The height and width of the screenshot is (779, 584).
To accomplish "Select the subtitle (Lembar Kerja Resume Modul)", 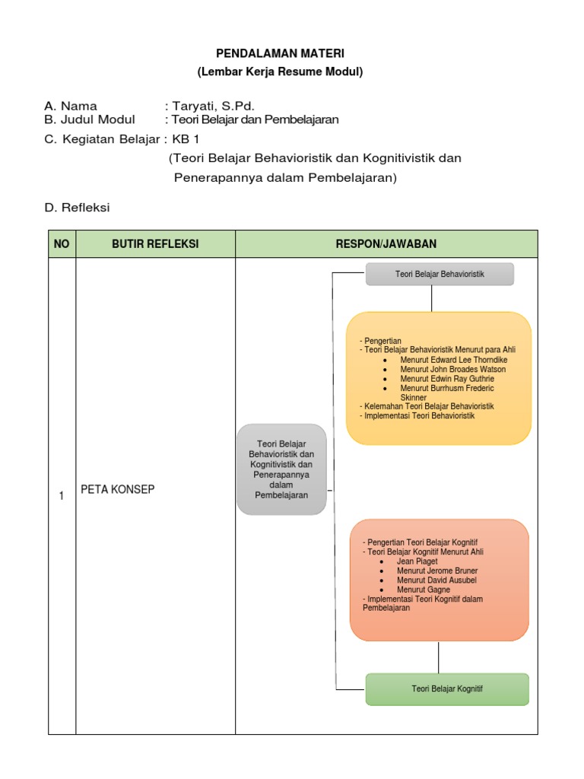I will point(281,72).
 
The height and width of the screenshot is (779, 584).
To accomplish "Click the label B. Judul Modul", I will point(90,119).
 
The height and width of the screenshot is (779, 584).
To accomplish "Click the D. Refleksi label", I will point(78,207).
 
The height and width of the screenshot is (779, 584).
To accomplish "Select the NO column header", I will point(62,243).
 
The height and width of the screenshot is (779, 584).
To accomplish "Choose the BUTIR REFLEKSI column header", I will point(155,243).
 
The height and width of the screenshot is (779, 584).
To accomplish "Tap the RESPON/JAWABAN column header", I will point(386,243).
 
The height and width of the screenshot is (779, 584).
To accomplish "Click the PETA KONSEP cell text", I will point(117,489).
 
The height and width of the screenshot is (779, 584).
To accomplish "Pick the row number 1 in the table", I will point(62,496).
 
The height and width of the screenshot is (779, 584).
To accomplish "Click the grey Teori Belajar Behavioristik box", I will point(440,274).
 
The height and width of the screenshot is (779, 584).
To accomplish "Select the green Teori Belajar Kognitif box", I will point(447,689).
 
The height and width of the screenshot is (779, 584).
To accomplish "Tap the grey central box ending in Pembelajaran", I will point(281,469).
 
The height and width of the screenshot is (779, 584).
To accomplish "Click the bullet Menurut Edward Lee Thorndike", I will point(453,360).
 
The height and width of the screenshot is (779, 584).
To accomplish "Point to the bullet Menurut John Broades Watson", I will point(452,369).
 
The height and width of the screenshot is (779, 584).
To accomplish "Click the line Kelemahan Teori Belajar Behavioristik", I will point(427,406).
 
